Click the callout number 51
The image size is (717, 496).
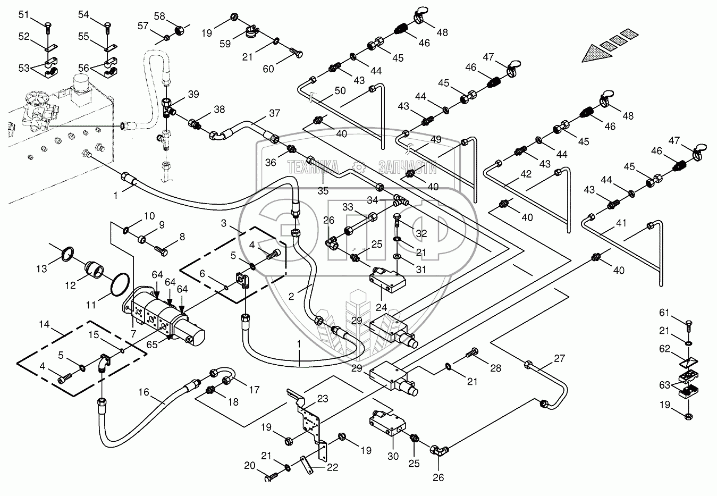tap(24, 15)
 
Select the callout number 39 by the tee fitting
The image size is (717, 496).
tap(193, 94)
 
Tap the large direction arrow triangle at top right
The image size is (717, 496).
tap(597, 54)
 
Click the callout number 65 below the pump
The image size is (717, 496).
tap(152, 344)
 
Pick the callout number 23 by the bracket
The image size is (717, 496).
tap(323, 399)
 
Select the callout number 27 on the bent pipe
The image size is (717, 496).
tap(560, 358)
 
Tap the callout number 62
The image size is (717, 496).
tap(665, 348)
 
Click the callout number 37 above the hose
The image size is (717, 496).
tap(275, 113)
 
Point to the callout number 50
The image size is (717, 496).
tap(340, 90)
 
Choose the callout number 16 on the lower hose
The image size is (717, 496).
tap(144, 392)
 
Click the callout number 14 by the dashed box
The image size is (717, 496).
tap(44, 324)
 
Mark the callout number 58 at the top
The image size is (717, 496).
tap(159, 16)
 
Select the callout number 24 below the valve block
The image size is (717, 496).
tap(382, 307)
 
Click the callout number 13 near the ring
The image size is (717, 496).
tap(41, 269)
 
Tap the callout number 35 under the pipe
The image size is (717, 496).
tap(323, 191)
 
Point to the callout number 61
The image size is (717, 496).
tap(664, 312)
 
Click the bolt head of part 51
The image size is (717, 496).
tap(48, 24)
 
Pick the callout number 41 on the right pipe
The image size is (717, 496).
tap(621, 223)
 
